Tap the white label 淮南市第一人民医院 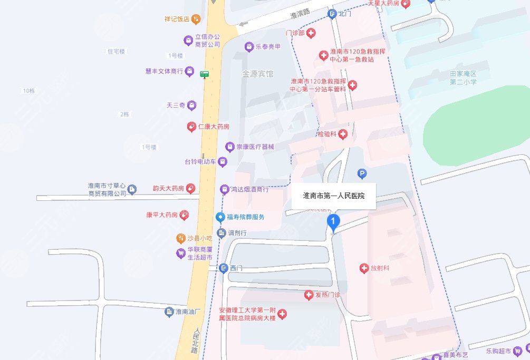click(x=334, y=196)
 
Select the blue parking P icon click(x=362, y=173)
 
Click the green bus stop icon click(x=205, y=74)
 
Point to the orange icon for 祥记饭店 click(x=196, y=20)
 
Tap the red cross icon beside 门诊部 click(x=311, y=33)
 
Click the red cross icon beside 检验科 click(x=343, y=134)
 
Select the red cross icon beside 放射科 click(x=364, y=268)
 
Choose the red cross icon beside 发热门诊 click(x=309, y=295)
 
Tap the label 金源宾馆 click(x=257, y=74)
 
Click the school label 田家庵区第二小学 click(x=463, y=78)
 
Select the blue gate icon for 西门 click(x=224, y=268)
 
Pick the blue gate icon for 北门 click(x=332, y=14)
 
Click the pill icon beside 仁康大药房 click(x=192, y=127)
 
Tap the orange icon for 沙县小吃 click(x=181, y=238)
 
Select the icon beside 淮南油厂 click(x=169, y=312)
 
